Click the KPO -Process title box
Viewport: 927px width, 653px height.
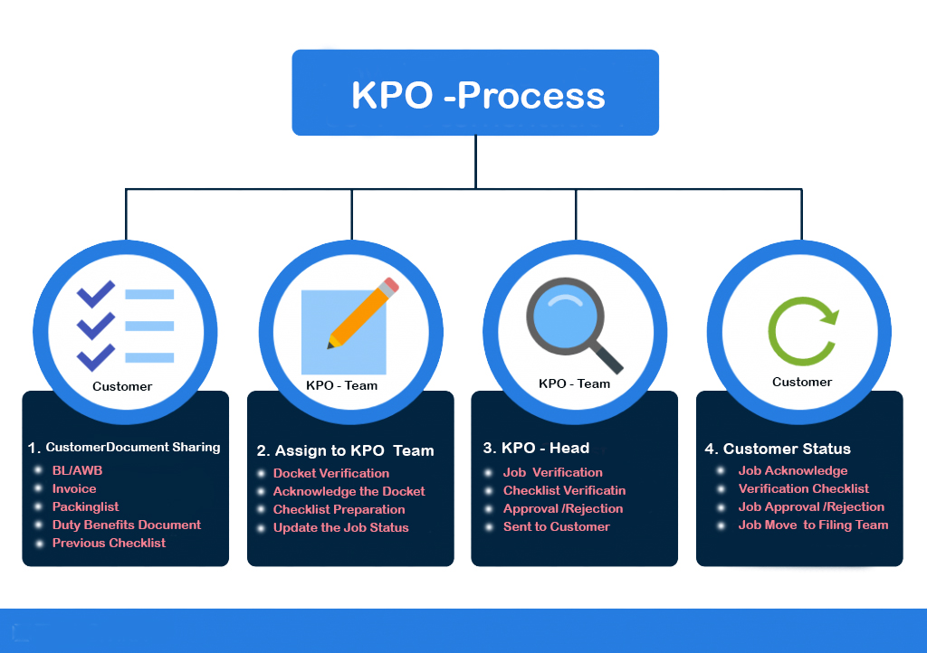click(x=475, y=93)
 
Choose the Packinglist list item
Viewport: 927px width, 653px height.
click(x=85, y=506)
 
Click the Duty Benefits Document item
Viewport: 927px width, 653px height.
click(x=126, y=525)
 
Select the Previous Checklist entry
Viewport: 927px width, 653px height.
click(x=109, y=543)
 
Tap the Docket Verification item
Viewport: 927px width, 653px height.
click(x=331, y=473)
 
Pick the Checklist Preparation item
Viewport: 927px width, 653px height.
click(x=339, y=509)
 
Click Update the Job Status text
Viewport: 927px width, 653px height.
click(x=340, y=527)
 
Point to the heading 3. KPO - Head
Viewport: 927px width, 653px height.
click(x=536, y=448)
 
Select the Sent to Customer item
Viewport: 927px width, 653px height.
click(x=556, y=526)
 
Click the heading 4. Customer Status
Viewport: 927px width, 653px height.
click(x=778, y=449)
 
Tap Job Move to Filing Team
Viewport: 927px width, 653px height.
click(x=813, y=525)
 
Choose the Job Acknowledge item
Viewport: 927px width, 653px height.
click(x=793, y=470)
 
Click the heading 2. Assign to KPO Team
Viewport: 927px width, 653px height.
click(x=345, y=450)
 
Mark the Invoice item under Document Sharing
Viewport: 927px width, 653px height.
click(x=74, y=488)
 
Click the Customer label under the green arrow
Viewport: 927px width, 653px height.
click(x=802, y=382)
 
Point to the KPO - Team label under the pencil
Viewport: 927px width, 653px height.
click(x=341, y=385)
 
